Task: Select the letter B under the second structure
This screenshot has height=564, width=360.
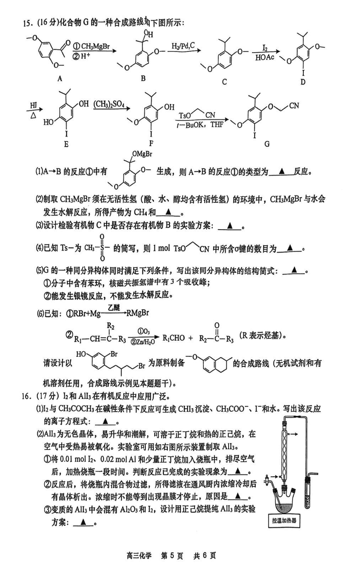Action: tap(143, 79)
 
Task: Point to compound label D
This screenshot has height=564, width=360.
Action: tap(303, 81)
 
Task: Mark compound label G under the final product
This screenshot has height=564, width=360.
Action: tap(267, 144)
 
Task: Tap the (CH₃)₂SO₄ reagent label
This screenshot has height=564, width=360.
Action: tap(109, 104)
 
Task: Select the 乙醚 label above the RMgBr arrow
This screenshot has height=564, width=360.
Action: tap(116, 307)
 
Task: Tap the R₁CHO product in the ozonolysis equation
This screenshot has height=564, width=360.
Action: tap(173, 337)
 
